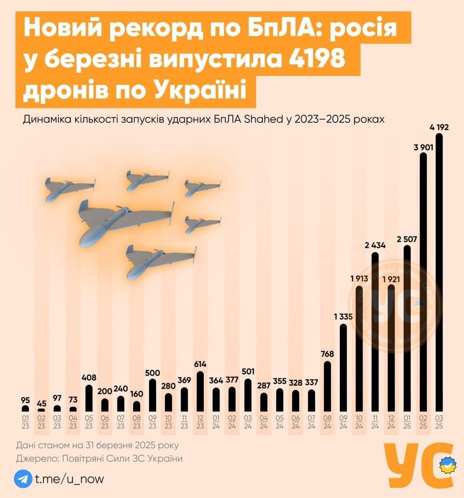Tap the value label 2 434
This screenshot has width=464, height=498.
pyautogui.click(x=375, y=246)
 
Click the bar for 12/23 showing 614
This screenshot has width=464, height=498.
pyautogui.click(x=200, y=391)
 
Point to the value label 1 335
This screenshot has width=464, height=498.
pyautogui.click(x=343, y=317)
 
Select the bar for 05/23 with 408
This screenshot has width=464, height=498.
pyautogui.click(x=89, y=398)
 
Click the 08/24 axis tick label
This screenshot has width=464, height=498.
pyautogui.click(x=327, y=422)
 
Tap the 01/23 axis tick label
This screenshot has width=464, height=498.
pyautogui.click(x=25, y=422)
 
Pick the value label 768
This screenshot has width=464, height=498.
pyautogui.click(x=327, y=354)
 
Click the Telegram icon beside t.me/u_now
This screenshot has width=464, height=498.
pyautogui.click(x=23, y=479)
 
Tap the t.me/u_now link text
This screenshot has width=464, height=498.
pyautogui.click(x=69, y=479)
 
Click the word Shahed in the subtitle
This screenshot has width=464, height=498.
pyautogui.click(x=263, y=119)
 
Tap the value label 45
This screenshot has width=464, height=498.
pyautogui.click(x=41, y=404)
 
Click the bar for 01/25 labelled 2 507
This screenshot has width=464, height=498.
pyautogui.click(x=407, y=328)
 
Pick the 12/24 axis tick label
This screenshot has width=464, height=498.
pyautogui.click(x=391, y=422)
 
